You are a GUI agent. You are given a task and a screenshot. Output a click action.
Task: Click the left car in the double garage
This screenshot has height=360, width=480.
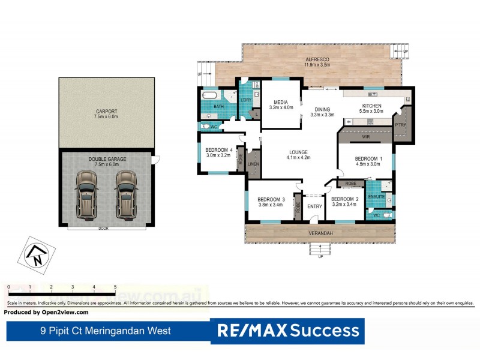point(86,194)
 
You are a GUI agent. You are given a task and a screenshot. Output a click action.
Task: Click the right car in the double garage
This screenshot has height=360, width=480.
point(126,194)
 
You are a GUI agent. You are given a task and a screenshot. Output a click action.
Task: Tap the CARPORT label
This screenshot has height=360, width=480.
point(106,112)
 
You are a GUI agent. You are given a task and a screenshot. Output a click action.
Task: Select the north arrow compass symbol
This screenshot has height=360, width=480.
point(36,255)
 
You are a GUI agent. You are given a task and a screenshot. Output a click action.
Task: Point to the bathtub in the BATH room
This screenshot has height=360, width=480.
point(211,96)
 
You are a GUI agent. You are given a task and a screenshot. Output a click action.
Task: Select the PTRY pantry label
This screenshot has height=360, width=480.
point(400,124)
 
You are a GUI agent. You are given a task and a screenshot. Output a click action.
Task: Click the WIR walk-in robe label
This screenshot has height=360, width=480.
point(366,137)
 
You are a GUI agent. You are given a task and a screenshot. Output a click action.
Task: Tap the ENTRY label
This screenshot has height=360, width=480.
point(314,207)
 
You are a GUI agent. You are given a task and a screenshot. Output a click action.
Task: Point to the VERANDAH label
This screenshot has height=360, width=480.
point(320,233)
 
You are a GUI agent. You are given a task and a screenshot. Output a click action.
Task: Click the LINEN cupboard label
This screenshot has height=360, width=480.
point(253,164)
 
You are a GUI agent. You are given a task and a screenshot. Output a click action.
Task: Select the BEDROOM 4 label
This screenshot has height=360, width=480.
point(218,150)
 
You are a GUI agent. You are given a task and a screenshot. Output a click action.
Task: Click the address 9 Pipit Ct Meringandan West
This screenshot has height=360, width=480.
point(105,331)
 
